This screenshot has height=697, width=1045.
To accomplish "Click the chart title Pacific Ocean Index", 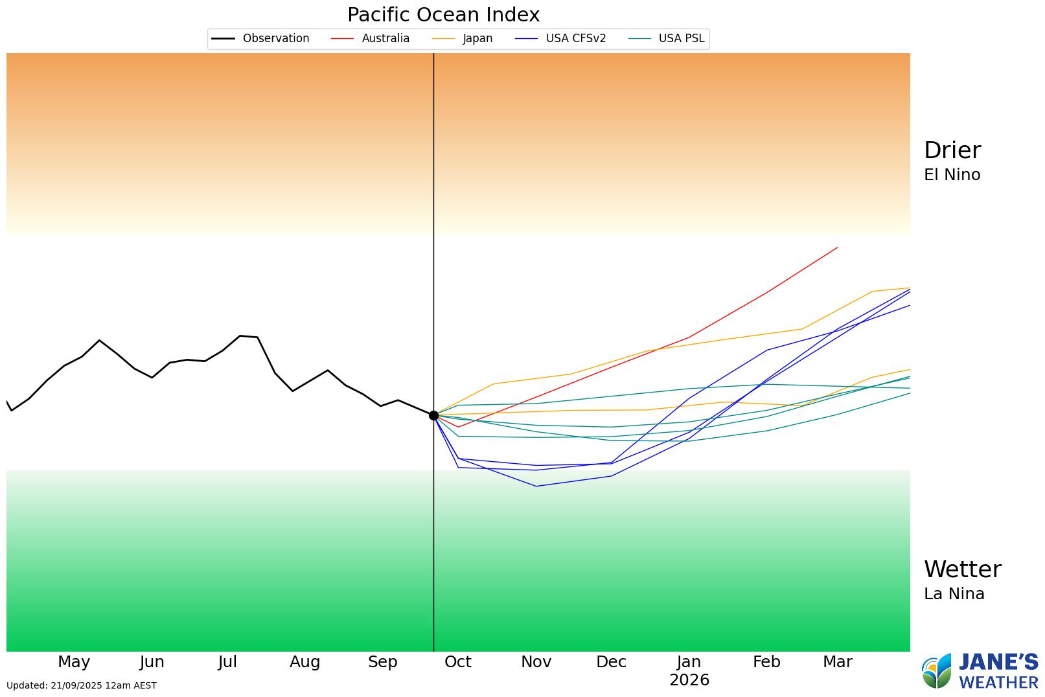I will coord(443,15).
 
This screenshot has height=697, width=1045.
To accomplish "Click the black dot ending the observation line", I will coord(433,415).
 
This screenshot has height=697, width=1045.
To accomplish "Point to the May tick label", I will coord(74,662).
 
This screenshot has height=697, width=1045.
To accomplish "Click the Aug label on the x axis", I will coord(304,662).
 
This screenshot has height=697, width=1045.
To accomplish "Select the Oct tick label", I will coord(457,662).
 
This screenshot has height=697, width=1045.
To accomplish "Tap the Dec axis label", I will coord(611,662).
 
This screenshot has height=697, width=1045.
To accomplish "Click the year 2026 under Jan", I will coord(689,680).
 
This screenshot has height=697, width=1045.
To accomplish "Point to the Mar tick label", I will coord(837,662).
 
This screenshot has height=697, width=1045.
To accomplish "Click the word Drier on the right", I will coord(952,150).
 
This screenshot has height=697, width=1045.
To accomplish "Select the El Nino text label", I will coord(952,175).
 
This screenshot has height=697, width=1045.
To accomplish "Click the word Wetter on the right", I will coord(962,569).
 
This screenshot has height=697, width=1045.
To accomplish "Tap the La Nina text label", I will coord(954,594).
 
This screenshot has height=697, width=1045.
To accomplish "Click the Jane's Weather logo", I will coord(980,671).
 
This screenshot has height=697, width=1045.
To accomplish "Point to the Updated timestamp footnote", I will coord(82,685).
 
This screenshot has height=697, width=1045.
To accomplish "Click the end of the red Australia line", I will coord(837,247).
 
